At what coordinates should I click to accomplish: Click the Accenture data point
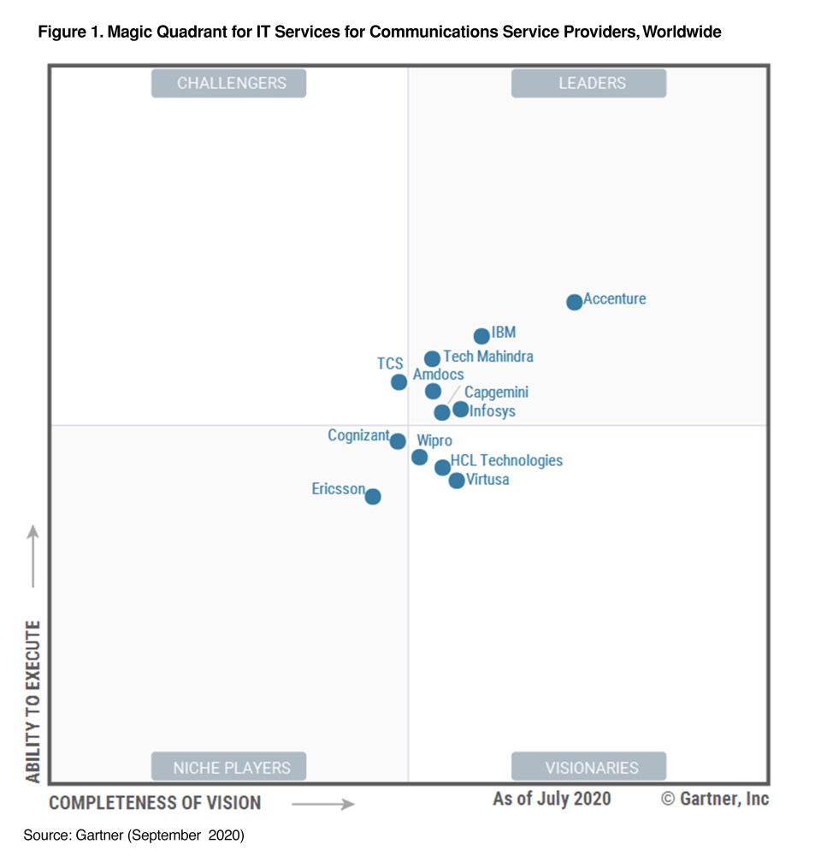574,302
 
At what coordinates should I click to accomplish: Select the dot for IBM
481,336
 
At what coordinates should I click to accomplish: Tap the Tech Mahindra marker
432,359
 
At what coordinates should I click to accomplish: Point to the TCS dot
399,382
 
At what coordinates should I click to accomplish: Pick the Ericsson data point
372,496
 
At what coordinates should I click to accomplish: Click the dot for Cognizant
397,441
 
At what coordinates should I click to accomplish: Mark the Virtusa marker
457,481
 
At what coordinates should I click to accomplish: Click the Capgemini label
496,393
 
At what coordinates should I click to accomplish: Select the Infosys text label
493,411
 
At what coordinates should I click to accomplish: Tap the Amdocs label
438,375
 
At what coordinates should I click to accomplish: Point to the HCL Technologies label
506,461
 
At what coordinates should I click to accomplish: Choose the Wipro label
434,440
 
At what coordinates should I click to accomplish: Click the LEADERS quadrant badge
588,84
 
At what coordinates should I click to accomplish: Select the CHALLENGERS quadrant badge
228,84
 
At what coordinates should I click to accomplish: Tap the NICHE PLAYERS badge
228,767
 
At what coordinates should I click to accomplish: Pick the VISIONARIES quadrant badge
588,767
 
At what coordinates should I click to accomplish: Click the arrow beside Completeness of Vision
322,804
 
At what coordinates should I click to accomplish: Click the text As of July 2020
552,799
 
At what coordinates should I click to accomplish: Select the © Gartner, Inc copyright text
715,799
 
